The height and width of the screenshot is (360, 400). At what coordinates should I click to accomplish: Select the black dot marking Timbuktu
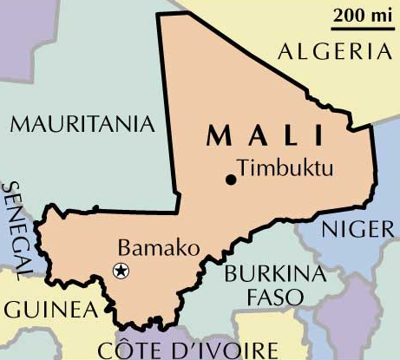pos(230,180)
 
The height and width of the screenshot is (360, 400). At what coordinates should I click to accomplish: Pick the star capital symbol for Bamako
pos(121,271)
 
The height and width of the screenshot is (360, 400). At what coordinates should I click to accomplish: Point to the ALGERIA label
pos(333,51)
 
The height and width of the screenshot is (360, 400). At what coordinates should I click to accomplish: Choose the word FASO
pos(275,297)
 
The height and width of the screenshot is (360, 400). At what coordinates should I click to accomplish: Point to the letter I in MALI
pos(319,136)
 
